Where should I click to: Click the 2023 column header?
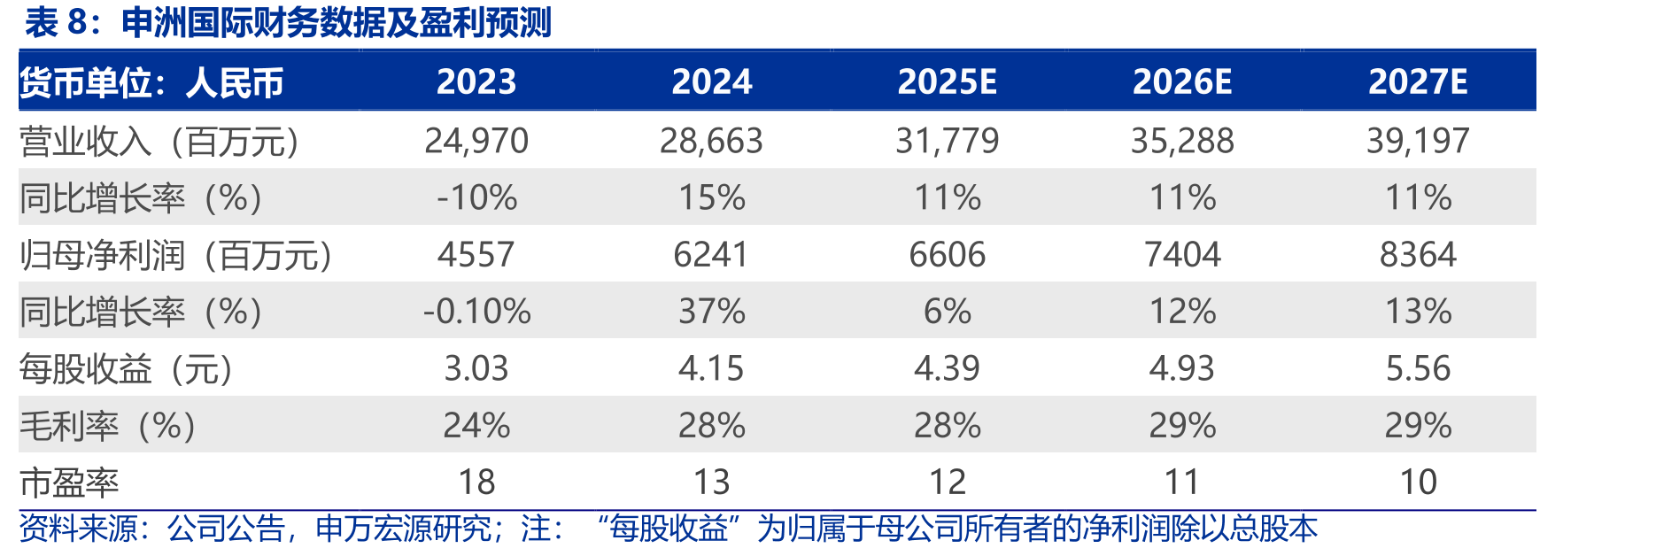click(476, 82)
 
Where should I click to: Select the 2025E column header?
click(947, 82)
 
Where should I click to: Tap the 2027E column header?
click(1418, 82)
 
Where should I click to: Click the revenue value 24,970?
click(476, 141)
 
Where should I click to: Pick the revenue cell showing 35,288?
click(1182, 141)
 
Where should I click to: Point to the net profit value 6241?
click(711, 255)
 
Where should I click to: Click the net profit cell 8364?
click(1418, 255)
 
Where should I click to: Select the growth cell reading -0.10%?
click(476, 312)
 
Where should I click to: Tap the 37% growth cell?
click(711, 312)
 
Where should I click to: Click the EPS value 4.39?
click(947, 368)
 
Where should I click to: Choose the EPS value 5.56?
click(1418, 368)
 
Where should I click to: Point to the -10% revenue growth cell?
click(476, 197)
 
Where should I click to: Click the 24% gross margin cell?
click(476, 426)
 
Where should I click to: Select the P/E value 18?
click(476, 483)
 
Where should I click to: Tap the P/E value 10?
click(1418, 483)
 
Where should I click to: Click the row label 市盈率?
click(69, 483)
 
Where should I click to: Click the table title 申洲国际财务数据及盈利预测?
click(337, 23)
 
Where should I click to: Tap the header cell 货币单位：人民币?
click(151, 83)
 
